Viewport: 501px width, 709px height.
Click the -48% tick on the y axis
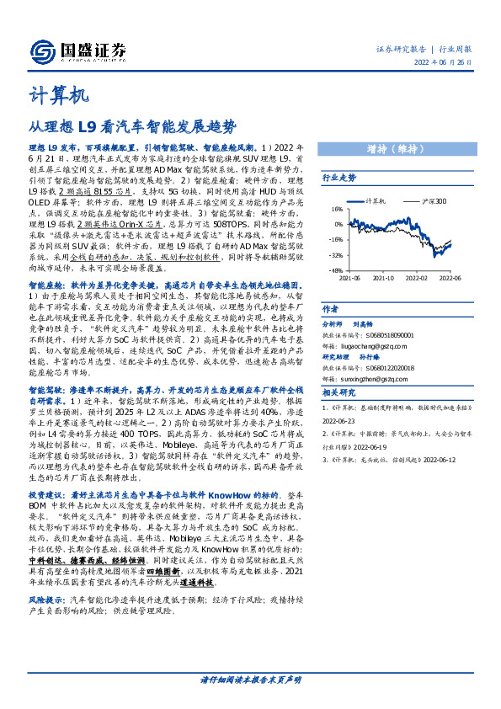336,269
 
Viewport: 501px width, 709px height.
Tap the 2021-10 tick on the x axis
383,276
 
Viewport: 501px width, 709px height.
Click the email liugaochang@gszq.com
364,344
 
